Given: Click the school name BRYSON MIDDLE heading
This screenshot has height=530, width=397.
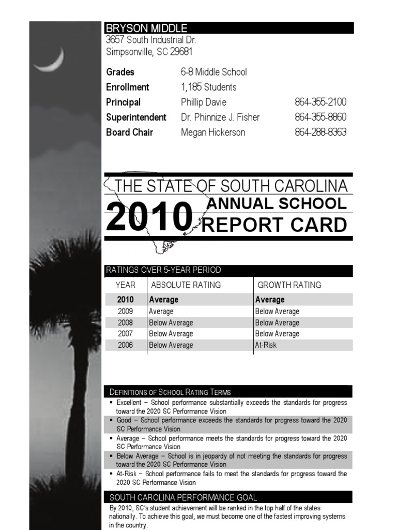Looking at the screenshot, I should (146, 28).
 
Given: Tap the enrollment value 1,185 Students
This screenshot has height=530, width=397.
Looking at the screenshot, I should (208, 87).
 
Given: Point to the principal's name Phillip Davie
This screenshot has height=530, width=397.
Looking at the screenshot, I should (203, 102).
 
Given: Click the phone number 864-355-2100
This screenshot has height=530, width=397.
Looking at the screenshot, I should (320, 102).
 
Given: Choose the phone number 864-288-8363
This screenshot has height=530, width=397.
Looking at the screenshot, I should (320, 132).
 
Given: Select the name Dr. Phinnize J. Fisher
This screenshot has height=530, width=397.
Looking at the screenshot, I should (220, 117).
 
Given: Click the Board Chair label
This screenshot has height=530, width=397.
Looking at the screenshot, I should (129, 132).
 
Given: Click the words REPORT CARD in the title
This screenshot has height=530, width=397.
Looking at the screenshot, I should (274, 225).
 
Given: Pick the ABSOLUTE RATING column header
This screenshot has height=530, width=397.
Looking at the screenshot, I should (186, 285).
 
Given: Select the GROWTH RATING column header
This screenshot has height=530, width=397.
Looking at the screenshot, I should (289, 285).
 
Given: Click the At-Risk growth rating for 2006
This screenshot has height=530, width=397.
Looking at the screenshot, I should (266, 345).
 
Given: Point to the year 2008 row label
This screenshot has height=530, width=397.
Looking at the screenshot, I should (125, 322).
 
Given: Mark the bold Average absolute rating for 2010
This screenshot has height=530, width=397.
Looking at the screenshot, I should (163, 300).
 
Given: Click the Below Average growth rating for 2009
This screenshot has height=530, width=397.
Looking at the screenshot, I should (277, 311).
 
